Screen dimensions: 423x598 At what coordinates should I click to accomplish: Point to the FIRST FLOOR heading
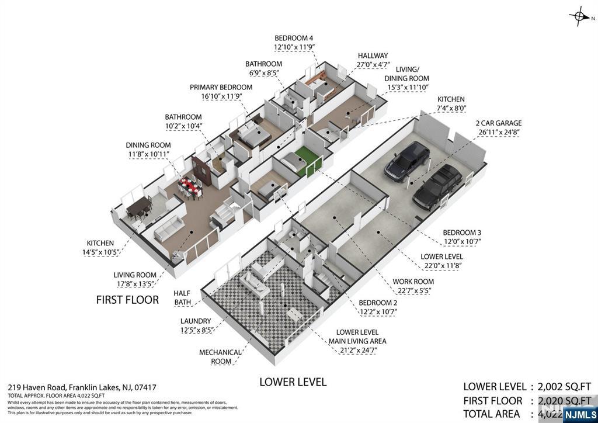click(x=127, y=300)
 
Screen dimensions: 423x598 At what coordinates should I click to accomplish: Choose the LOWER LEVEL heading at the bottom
click(x=293, y=382)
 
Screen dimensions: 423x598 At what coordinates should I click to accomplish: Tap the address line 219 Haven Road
click(x=82, y=387)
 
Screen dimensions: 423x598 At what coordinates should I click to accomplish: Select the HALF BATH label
click(x=182, y=298)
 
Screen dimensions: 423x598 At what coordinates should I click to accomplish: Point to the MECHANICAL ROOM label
click(x=220, y=357)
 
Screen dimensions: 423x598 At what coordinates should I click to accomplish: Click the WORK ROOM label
click(x=413, y=282)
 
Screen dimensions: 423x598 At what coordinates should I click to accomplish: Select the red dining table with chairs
click(x=190, y=186)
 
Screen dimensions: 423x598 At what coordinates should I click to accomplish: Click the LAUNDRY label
click(x=196, y=321)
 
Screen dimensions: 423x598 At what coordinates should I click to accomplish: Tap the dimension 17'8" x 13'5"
click(x=135, y=285)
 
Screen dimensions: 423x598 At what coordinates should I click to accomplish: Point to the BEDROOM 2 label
click(x=377, y=303)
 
